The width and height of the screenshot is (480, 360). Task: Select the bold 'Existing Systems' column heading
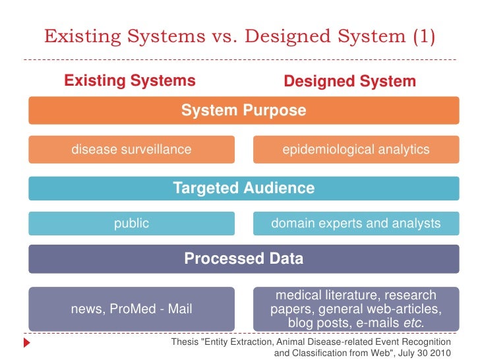tap(130, 81)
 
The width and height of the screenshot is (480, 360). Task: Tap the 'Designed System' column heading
tap(349, 82)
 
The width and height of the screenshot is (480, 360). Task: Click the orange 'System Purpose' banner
tap(243, 110)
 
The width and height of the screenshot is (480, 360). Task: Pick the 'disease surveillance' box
tap(131, 149)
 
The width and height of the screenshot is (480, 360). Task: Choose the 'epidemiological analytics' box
tap(356, 149)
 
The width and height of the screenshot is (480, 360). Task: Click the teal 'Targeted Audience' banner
tap(243, 188)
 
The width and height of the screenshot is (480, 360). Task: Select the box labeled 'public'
tap(131, 224)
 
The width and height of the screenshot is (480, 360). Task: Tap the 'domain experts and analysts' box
tap(356, 224)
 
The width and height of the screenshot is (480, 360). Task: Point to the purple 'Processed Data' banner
tap(243, 258)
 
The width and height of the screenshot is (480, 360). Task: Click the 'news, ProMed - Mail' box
tap(131, 309)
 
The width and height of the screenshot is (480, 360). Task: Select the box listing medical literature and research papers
tap(356, 309)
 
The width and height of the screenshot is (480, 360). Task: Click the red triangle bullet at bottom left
tap(27, 343)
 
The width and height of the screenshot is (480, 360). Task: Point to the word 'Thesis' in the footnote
tap(184, 342)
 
